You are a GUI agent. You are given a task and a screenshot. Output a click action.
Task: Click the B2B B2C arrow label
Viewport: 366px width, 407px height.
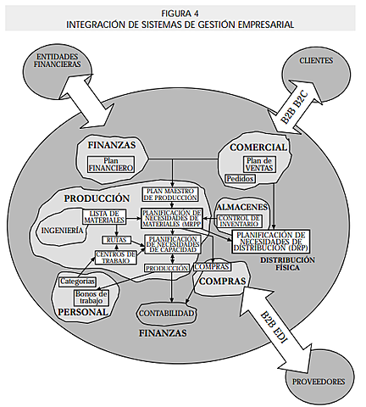(x=296, y=107)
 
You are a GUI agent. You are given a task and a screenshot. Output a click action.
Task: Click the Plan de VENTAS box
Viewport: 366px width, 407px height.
(x=258, y=164)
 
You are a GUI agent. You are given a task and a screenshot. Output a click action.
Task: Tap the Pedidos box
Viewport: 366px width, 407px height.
(x=241, y=179)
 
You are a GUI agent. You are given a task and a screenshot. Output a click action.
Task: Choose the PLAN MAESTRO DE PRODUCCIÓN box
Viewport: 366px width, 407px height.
(x=173, y=195)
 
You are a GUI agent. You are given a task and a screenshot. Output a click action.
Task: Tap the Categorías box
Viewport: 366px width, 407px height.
(x=77, y=280)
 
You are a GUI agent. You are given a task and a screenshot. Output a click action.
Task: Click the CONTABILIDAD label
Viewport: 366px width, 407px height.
(x=167, y=314)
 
